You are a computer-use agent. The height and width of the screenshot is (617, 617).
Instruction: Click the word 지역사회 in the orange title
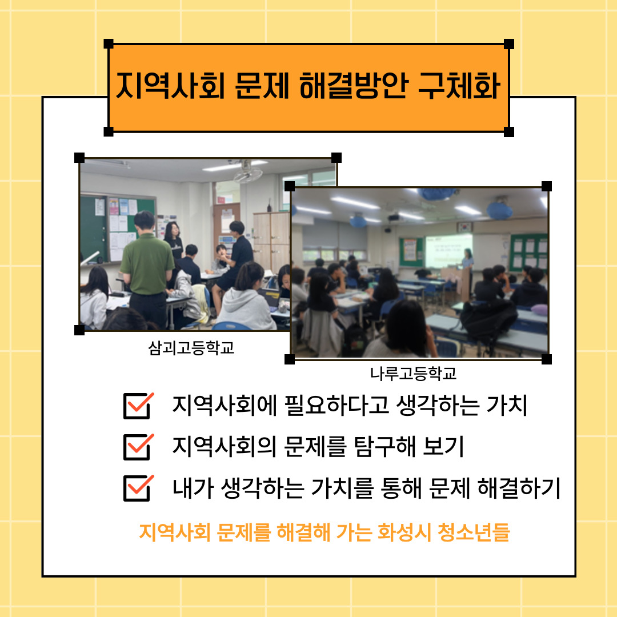[x=170, y=86]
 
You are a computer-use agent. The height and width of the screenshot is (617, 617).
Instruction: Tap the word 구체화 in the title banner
[x=459, y=86]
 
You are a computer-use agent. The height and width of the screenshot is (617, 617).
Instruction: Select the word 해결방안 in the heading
[x=354, y=86]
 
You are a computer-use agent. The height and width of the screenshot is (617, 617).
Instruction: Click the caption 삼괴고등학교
[x=191, y=348]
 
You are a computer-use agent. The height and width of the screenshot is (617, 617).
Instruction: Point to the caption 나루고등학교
[x=413, y=374]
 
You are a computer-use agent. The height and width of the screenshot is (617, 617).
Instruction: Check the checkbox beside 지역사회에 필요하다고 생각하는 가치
[x=138, y=406]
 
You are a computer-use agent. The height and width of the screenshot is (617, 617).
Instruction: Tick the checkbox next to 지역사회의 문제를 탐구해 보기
[x=138, y=447]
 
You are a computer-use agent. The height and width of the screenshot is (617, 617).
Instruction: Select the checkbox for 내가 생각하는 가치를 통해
[x=138, y=488]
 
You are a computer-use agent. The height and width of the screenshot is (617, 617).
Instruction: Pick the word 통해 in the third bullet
[x=402, y=488]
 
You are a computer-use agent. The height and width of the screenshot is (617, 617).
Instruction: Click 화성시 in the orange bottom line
[x=403, y=532]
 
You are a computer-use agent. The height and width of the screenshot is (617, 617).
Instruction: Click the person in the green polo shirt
[x=146, y=270]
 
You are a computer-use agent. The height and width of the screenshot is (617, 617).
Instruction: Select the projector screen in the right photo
[x=448, y=251]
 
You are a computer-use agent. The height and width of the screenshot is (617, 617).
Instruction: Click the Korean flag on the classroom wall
[x=464, y=227]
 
